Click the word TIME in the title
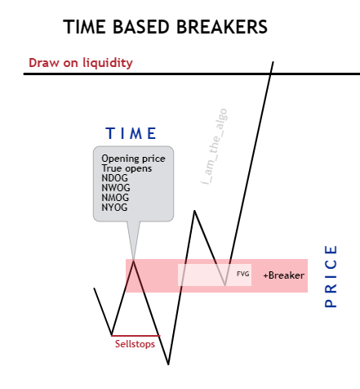pos(85,27)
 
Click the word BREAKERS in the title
pos(222,27)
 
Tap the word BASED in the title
pos(141,27)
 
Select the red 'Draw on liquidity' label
pos(81,63)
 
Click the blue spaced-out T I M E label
pos(131,133)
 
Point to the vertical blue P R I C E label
pos(331,276)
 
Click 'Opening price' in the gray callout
pos(133,159)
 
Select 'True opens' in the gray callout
pos(127,168)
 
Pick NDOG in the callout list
pos(114,178)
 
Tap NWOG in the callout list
pos(116,188)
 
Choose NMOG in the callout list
pos(115,198)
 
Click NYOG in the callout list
pos(114,208)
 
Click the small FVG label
pos(243,274)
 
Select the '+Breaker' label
pos(284,275)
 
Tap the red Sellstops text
pos(135,344)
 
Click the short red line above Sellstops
pos(136,336)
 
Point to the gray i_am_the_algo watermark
pos(214,146)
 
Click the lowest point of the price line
pos(168,364)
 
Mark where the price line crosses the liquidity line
pos(270,74)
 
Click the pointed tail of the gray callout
pos(133,259)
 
